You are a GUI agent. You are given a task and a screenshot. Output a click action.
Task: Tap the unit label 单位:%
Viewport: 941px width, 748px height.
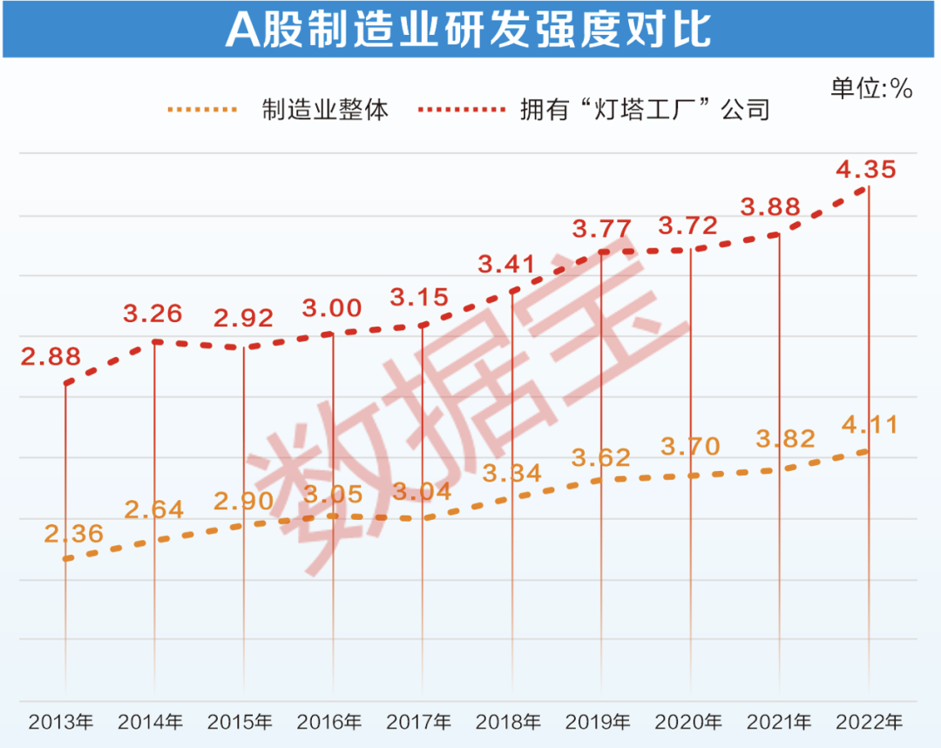tap(870, 88)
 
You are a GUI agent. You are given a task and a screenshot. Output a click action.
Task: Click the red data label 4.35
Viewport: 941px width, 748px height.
tap(866, 170)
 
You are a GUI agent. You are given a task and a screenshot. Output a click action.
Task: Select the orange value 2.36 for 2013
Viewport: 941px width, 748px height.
tap(73, 533)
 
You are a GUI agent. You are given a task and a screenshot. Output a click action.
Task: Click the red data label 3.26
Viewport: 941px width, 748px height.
tap(152, 313)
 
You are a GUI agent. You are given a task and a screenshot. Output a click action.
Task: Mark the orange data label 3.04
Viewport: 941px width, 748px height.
tap(423, 492)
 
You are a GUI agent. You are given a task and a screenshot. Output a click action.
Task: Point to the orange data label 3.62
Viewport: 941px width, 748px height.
tap(600, 457)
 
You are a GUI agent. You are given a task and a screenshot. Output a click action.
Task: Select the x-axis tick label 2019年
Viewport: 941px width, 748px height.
tap(598, 722)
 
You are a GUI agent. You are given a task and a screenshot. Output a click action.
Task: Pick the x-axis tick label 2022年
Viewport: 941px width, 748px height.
tap(868, 722)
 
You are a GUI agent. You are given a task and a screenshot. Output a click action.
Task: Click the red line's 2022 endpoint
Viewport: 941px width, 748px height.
tap(868, 188)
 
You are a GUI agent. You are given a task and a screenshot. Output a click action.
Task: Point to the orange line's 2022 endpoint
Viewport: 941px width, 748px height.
tap(868, 451)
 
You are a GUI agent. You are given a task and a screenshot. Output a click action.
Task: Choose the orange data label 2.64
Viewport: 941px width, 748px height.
tap(154, 509)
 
